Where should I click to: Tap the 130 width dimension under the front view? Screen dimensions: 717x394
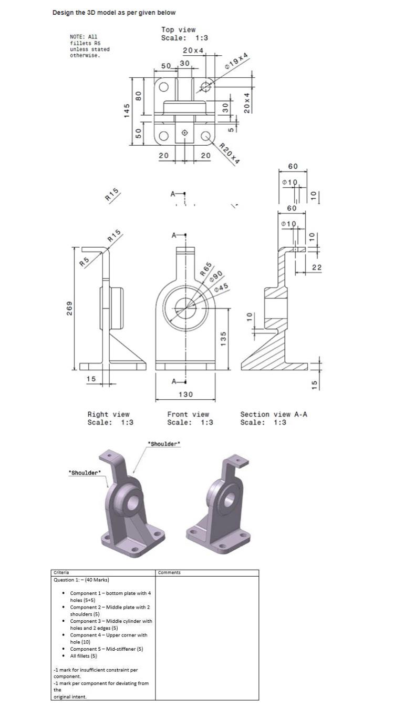[185, 394]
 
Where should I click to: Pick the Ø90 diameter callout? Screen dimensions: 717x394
[215, 277]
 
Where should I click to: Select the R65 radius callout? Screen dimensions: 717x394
[206, 269]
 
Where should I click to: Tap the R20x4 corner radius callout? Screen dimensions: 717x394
[229, 154]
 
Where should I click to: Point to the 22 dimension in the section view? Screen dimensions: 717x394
[316, 268]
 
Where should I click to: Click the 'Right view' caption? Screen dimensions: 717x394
[108, 415]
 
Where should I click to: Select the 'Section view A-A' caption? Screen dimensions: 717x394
[274, 415]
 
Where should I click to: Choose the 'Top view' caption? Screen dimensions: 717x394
[178, 30]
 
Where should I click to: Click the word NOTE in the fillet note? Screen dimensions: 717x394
[76, 37]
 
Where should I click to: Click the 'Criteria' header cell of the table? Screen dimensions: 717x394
[61, 572]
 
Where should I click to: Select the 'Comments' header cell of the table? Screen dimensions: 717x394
[169, 572]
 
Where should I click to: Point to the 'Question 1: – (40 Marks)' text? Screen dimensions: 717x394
[81, 580]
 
